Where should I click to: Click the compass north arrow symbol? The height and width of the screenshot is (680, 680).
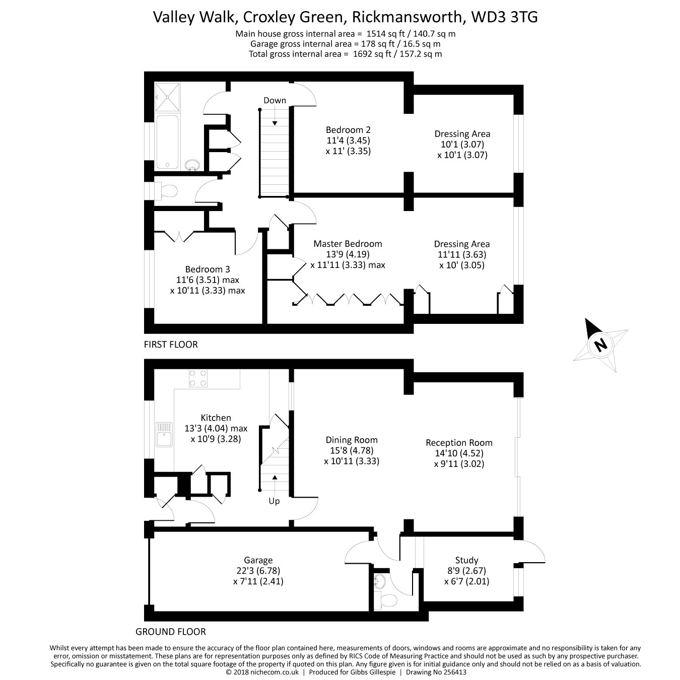point(600,345)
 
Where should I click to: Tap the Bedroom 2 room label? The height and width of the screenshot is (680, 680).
point(348,129)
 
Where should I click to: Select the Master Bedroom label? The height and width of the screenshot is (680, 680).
point(348,244)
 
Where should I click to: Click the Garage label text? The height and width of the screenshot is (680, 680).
point(258,560)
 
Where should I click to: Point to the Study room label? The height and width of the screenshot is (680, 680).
point(466,560)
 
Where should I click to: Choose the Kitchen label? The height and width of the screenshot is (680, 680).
point(216,418)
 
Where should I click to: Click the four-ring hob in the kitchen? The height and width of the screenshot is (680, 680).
point(197,378)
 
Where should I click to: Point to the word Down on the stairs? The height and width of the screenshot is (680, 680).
point(275,100)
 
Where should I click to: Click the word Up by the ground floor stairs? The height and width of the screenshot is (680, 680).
point(274,501)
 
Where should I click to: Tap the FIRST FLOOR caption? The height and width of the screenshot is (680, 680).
point(171,345)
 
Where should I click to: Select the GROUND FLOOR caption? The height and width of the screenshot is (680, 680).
point(171,632)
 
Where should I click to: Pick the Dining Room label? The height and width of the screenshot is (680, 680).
point(352,440)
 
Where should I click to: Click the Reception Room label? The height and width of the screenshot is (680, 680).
point(459,443)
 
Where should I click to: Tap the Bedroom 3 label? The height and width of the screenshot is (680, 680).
point(207,269)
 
